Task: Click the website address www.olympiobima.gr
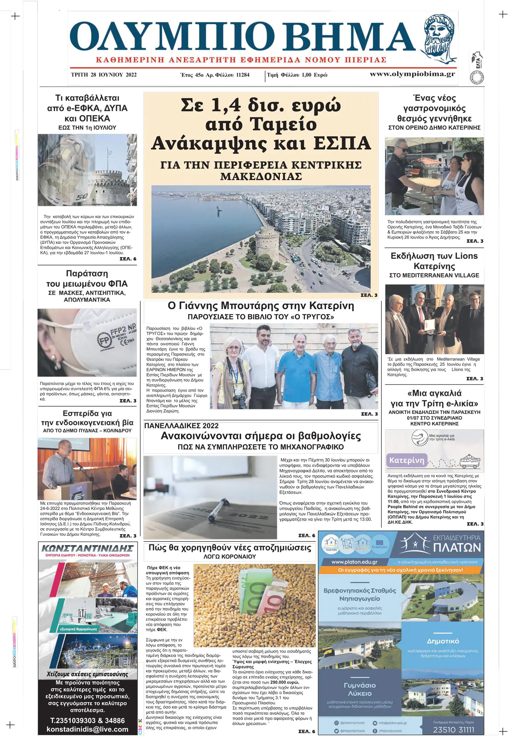click(412, 74)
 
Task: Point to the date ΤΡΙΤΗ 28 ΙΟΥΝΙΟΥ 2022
click(104, 75)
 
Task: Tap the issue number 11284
click(243, 75)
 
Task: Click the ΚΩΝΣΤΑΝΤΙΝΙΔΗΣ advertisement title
click(88, 548)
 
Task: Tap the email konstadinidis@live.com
click(88, 729)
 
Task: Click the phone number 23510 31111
click(453, 729)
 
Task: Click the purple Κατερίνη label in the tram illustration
click(406, 460)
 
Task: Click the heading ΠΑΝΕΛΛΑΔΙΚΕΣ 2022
click(181, 426)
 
